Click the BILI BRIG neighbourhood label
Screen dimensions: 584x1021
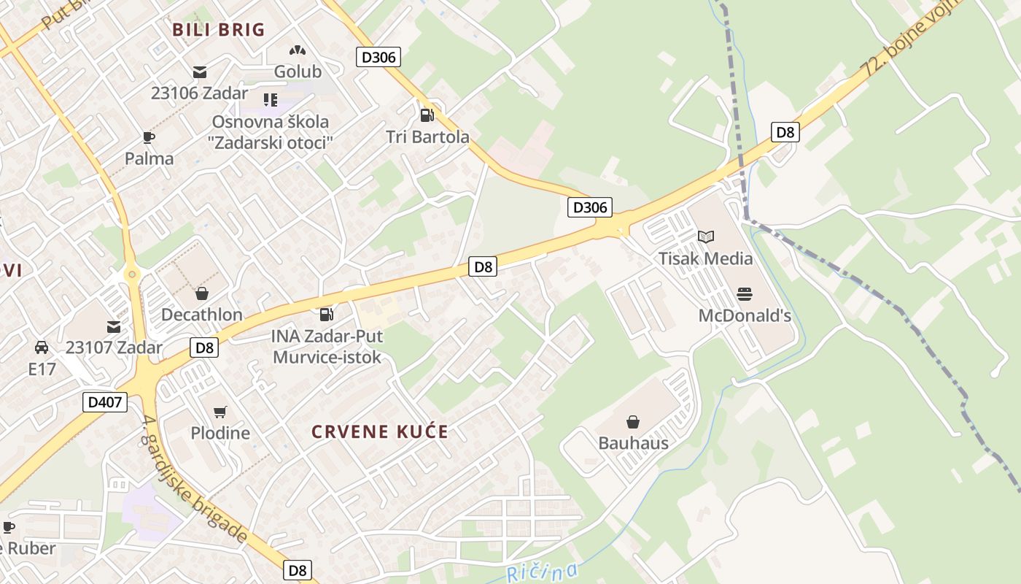coord(219,30)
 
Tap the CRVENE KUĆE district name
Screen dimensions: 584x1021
coord(380,431)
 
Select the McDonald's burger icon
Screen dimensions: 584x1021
coord(744,294)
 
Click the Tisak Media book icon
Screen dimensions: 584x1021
coord(705,237)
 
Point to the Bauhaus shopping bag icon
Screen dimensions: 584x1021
coord(633,422)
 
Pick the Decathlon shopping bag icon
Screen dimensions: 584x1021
coord(201,293)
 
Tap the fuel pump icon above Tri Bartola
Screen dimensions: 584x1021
coord(427,115)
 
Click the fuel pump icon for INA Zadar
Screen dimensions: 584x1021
coord(326,315)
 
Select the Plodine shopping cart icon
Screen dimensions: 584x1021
coord(220,412)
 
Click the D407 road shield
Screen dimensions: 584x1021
coord(105,401)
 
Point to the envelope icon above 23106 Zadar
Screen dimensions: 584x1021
coord(199,72)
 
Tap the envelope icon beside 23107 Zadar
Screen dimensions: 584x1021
coord(114,326)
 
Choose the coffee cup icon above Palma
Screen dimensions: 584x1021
coord(149,137)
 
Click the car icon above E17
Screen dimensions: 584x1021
coord(42,347)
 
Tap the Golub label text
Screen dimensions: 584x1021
coord(298,72)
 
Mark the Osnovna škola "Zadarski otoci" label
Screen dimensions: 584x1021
coord(271,132)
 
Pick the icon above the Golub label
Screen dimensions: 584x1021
coord(297,50)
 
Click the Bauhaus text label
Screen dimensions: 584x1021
coord(633,443)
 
